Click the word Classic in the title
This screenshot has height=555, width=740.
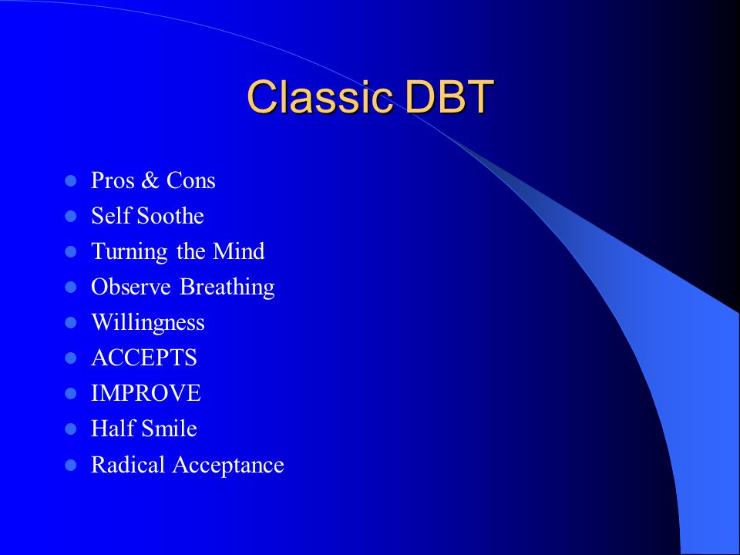[319, 97]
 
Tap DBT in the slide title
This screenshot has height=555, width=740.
[449, 97]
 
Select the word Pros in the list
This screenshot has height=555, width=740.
[113, 180]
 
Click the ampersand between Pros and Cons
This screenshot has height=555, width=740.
[150, 180]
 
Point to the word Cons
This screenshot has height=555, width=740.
[190, 180]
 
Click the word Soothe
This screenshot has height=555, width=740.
[170, 216]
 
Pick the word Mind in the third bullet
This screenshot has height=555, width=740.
[238, 251]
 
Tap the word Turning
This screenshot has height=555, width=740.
[129, 252]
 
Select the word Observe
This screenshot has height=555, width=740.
[131, 287]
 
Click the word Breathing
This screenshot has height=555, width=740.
[227, 288]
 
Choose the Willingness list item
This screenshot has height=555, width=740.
[148, 323]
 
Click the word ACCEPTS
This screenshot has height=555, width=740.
[144, 358]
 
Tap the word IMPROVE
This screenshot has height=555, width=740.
[146, 393]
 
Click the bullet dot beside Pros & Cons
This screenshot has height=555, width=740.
[70, 180]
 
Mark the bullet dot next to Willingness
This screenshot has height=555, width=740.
[70, 323]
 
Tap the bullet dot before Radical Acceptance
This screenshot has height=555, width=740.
[70, 466]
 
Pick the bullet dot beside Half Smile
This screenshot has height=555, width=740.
[70, 429]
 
